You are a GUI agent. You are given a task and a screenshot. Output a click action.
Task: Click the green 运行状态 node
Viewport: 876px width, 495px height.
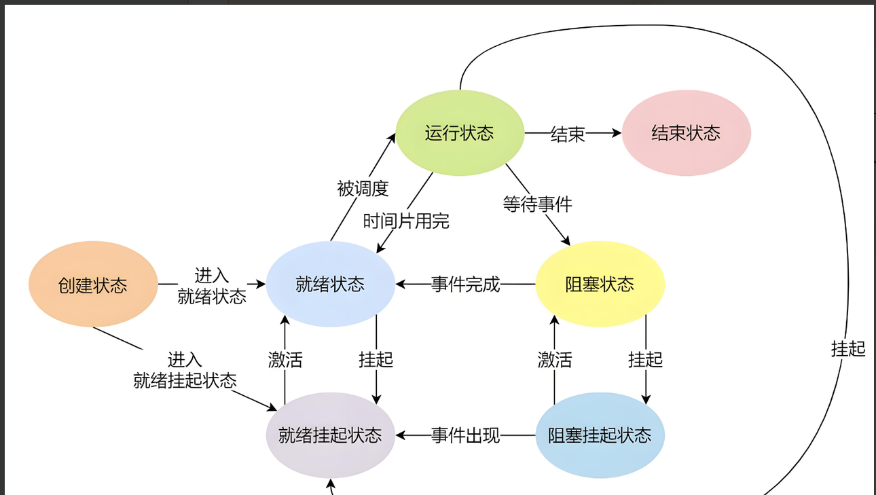pyautogui.click(x=460, y=132)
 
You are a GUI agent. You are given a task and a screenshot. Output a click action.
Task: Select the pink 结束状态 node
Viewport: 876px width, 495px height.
pyautogui.click(x=686, y=132)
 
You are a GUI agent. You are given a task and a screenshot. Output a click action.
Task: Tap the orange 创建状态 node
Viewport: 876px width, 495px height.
pyautogui.click(x=93, y=285)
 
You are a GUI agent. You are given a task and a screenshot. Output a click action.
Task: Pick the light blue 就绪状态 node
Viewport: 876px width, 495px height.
pyautogui.click(x=330, y=284)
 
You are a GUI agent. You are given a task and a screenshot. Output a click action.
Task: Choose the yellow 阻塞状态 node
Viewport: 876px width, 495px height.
pyautogui.click(x=600, y=284)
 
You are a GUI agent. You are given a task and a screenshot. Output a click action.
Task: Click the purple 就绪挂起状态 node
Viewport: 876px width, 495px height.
pyautogui.click(x=330, y=435)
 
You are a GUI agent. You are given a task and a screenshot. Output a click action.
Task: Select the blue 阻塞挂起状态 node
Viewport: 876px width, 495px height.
pyautogui.click(x=600, y=435)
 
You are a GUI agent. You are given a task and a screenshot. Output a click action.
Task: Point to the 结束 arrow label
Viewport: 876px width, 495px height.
pyautogui.click(x=568, y=134)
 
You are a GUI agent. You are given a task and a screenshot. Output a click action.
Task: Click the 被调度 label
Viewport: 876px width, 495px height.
pyautogui.click(x=363, y=188)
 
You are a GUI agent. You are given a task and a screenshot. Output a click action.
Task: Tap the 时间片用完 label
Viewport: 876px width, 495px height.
pyautogui.click(x=406, y=221)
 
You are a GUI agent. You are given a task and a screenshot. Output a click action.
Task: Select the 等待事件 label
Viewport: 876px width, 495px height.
pyautogui.click(x=537, y=204)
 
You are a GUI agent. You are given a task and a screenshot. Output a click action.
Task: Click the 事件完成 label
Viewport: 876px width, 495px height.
pyautogui.click(x=466, y=285)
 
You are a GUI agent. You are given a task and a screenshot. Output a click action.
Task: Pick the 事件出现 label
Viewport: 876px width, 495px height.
pyautogui.click(x=466, y=435)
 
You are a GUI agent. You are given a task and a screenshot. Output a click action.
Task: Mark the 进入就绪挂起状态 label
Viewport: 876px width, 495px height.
pyautogui.click(x=185, y=370)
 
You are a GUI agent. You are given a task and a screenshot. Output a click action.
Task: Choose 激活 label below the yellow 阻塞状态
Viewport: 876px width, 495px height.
pyautogui.click(x=555, y=359)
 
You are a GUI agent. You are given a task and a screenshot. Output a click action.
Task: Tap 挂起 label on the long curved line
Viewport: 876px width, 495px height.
pyautogui.click(x=848, y=348)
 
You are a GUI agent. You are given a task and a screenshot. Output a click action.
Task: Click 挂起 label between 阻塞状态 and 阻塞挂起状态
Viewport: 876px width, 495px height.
pyautogui.click(x=645, y=359)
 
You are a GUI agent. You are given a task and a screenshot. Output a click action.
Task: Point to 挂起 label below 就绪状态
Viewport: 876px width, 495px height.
pyautogui.click(x=376, y=359)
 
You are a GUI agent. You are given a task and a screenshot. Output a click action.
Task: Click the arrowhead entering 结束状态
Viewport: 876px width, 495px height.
pyautogui.click(x=616, y=134)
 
